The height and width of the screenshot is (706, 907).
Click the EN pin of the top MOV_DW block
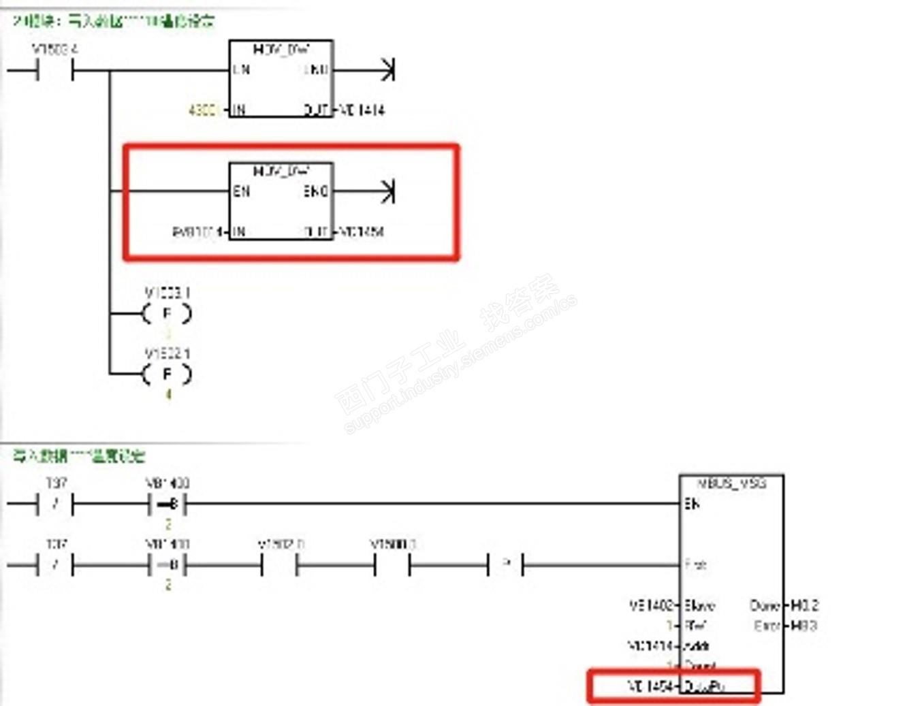pos(241,69)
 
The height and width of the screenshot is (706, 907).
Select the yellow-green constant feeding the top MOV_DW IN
pos(203,110)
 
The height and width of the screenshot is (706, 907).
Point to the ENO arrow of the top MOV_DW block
pos(387,69)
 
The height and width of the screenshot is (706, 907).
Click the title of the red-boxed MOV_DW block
pos(281,170)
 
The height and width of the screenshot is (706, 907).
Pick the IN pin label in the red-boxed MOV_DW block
pos(238,232)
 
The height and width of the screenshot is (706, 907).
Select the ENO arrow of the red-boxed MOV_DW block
pos(387,191)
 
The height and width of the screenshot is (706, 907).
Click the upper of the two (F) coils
pos(167,314)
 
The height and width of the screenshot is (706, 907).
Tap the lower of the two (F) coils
pos(167,374)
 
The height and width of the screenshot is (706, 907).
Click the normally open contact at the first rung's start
pos(55,70)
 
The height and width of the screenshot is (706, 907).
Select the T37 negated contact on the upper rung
pos(55,504)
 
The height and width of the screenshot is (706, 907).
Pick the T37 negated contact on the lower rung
pos(55,565)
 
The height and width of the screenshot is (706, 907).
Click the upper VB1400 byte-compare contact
pos(168,504)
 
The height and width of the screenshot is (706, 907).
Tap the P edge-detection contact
pos(506,564)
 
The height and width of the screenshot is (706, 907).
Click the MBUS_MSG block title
pos(732,483)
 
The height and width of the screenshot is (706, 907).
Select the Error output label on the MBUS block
pos(767,626)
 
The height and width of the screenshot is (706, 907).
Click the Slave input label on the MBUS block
pos(699,605)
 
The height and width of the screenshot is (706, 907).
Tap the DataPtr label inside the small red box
pos(704,686)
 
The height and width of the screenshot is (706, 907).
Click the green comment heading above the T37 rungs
pos(79,455)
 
